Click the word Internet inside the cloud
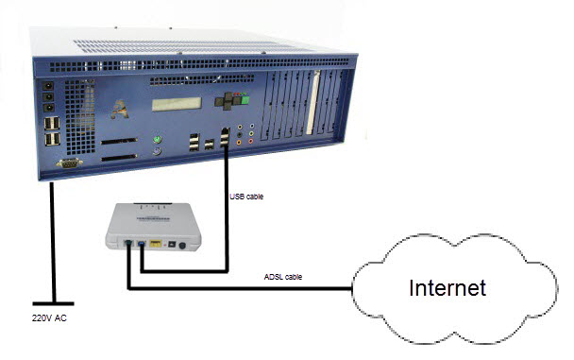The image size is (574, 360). coord(446,287)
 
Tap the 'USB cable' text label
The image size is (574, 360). coord(247,197)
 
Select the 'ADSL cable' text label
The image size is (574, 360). coord(284,277)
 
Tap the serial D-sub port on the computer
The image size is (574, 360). coord(69,163)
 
